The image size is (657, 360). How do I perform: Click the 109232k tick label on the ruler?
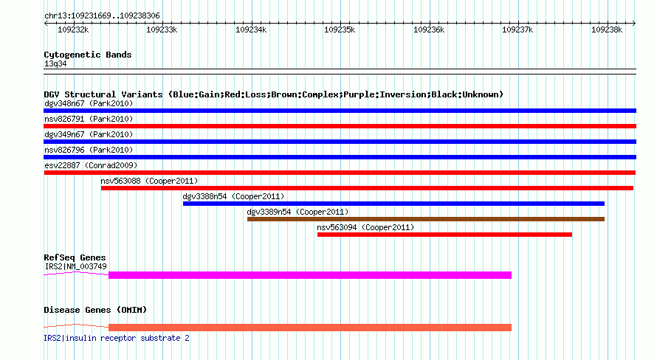pyautogui.click(x=73, y=30)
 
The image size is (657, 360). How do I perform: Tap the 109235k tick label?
pyautogui.click(x=340, y=30)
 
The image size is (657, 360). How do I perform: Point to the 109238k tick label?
pyautogui.click(x=607, y=30)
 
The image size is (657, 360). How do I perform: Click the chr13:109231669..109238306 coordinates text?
pyautogui.click(x=102, y=16)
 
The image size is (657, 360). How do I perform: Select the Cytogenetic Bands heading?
pyautogui.click(x=88, y=55)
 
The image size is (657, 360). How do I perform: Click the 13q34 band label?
pyautogui.click(x=55, y=64)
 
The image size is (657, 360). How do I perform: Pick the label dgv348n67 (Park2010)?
pyautogui.click(x=89, y=103)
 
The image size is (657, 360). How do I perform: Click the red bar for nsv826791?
pyautogui.click(x=340, y=126)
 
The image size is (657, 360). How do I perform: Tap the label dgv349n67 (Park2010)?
pyautogui.click(x=89, y=134)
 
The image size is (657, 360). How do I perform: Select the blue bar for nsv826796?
pyautogui.click(x=340, y=157)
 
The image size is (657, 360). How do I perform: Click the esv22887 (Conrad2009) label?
pyautogui.click(x=91, y=165)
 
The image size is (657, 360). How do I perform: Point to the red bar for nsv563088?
pyautogui.click(x=367, y=188)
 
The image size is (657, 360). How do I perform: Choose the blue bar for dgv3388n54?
pyautogui.click(x=393, y=204)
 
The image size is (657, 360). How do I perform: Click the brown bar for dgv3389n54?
pyautogui.click(x=426, y=219)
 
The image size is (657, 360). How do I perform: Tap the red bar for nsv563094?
pyautogui.click(x=444, y=235)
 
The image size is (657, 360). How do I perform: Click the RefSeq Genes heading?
pyautogui.click(x=75, y=257)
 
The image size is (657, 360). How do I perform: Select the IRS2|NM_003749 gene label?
pyautogui.click(x=75, y=266)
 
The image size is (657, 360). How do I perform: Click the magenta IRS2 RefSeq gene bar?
pyautogui.click(x=310, y=275)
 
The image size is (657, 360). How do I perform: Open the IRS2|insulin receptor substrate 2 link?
pyautogui.click(x=117, y=338)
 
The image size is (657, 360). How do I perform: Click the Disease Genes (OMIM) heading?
pyautogui.click(x=95, y=310)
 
